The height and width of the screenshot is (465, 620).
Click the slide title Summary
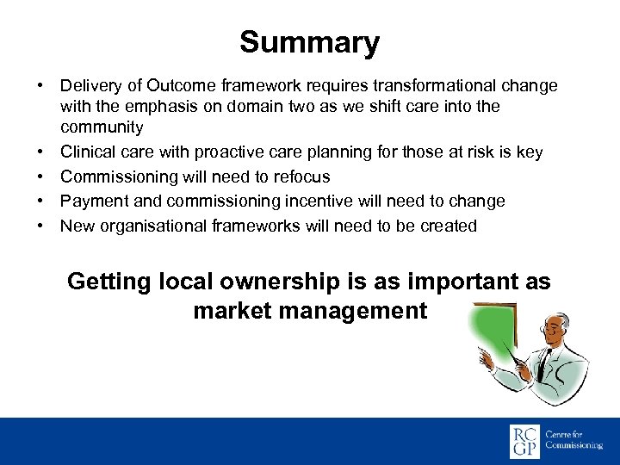point(309,42)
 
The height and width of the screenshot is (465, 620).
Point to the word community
point(102,127)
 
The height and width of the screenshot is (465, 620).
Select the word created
point(447,226)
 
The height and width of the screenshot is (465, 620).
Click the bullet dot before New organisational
point(40,226)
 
